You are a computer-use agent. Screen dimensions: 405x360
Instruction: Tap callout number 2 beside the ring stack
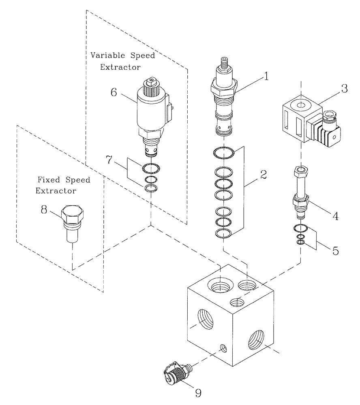[263, 175]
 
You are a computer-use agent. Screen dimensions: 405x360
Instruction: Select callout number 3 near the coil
[344, 89]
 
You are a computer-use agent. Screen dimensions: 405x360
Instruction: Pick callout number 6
[114, 92]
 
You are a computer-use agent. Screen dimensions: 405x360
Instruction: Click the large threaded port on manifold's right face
[258, 339]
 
